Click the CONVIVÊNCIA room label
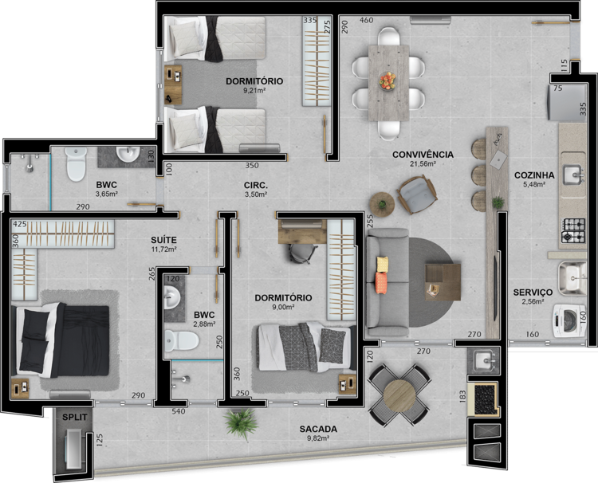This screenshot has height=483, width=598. [423, 155]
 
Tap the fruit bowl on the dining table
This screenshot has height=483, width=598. [388, 80]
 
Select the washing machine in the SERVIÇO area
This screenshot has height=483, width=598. [569, 320]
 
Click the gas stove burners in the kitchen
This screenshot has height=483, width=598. [572, 230]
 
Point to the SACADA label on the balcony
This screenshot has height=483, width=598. [318, 429]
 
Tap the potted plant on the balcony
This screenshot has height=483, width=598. [240, 422]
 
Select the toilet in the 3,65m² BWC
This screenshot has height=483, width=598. [77, 164]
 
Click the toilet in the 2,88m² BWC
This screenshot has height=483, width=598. [182, 341]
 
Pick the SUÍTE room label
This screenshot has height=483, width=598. [163, 240]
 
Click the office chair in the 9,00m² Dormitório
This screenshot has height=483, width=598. [303, 253]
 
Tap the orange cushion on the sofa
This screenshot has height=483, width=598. [381, 282]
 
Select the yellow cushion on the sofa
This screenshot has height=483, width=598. [383, 264]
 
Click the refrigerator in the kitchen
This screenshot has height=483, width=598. [567, 103]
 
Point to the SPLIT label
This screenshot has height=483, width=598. [75, 417]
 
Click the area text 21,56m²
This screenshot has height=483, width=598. [423, 164]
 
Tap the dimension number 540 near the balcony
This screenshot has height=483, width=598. [179, 411]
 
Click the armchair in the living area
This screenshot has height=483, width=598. [417, 194]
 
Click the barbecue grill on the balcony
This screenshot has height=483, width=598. [483, 399]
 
